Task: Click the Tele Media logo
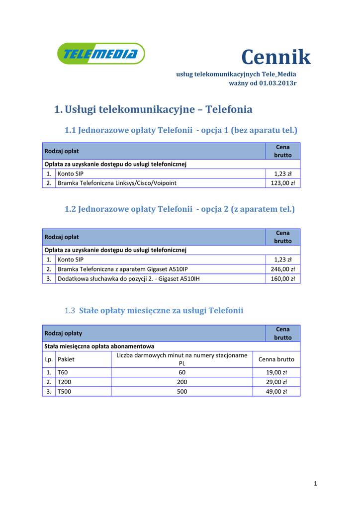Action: [x=101, y=54]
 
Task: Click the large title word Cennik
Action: [x=276, y=58]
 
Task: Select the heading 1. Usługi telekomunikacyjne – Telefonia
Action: [x=153, y=109]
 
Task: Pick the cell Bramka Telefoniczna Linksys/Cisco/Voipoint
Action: [x=117, y=183]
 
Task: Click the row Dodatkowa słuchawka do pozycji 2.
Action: [x=129, y=279]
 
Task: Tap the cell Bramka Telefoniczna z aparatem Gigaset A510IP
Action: [x=123, y=269]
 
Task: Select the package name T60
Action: [x=63, y=372]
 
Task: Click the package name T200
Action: [x=64, y=382]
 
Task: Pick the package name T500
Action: [x=64, y=391]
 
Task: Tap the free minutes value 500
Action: [x=181, y=391]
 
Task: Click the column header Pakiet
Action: [x=66, y=359]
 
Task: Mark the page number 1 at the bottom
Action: [x=315, y=484]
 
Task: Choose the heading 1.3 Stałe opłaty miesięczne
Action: [x=154, y=311]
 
